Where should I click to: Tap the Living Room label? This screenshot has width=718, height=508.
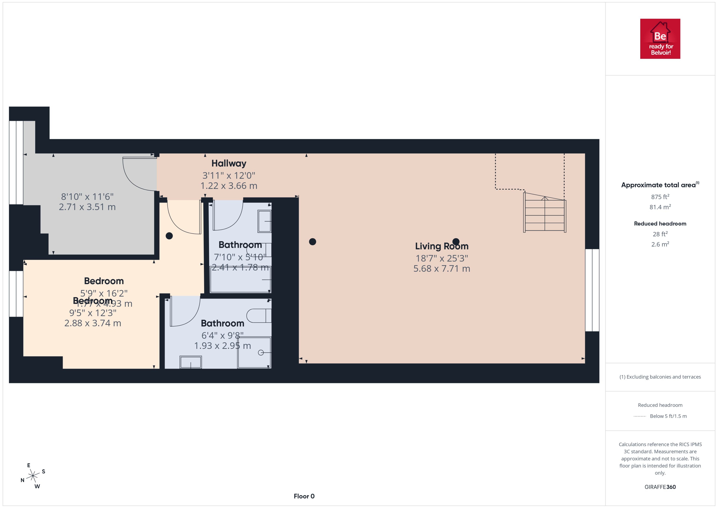[x=441, y=246]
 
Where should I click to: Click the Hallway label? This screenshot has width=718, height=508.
[x=229, y=163]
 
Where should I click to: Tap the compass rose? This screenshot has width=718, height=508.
[x=33, y=476]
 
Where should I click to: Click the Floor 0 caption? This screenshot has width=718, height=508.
[x=304, y=496]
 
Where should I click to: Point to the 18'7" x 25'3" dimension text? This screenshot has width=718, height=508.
[x=441, y=258]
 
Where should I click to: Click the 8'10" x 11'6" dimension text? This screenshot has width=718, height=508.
[x=87, y=197]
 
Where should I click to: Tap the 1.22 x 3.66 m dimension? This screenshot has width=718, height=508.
[x=229, y=186]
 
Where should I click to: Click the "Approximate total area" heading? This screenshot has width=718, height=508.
[x=658, y=185]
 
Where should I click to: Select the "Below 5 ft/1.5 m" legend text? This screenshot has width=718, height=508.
[x=668, y=416]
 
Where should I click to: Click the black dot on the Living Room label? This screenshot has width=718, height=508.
[x=456, y=241]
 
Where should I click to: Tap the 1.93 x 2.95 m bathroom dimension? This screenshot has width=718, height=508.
[x=222, y=346]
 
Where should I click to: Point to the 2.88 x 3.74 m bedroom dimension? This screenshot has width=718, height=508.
[x=93, y=323]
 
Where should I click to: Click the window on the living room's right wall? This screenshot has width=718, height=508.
[x=592, y=290]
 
